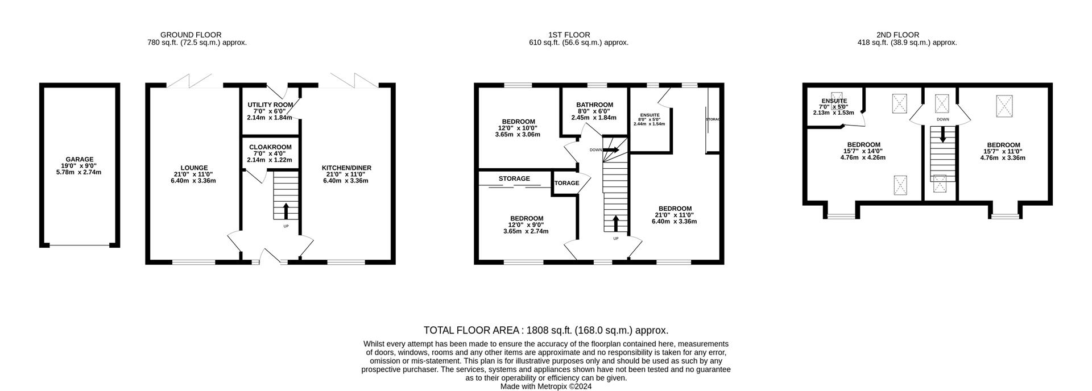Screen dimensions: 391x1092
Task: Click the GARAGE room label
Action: (79, 160)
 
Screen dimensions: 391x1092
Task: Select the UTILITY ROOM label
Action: (270, 105)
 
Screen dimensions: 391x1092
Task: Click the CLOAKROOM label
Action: (270, 147)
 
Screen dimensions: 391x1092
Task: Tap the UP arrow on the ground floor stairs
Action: (286, 211)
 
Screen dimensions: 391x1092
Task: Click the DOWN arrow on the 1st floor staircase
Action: (612, 150)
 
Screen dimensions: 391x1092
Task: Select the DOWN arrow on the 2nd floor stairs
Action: (942, 135)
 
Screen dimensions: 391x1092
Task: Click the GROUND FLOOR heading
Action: (191, 35)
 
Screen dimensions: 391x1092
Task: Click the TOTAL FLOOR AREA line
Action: (545, 330)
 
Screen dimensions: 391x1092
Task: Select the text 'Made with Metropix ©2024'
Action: (545, 386)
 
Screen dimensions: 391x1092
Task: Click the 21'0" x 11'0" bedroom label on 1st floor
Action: (675, 209)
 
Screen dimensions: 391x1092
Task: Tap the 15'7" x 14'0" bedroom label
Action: (863, 145)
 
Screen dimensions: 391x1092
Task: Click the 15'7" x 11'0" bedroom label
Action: (1003, 145)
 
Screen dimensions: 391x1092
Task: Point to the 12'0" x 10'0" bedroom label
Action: (518, 122)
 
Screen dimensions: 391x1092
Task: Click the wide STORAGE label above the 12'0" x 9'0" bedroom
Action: (514, 178)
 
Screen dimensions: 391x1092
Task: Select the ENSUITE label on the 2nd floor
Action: (833, 101)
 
